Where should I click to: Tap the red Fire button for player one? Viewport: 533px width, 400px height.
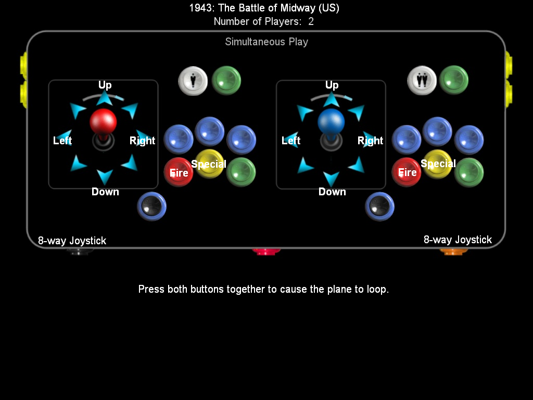(x=179, y=172)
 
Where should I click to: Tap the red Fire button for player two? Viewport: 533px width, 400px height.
(x=407, y=172)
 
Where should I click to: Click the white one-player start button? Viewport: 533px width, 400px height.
(x=193, y=81)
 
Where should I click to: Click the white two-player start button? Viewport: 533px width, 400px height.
(x=422, y=81)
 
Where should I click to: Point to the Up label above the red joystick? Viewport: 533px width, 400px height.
(x=105, y=85)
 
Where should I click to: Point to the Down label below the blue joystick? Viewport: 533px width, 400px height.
(x=332, y=192)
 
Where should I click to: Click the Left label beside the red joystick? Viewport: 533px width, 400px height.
(x=62, y=141)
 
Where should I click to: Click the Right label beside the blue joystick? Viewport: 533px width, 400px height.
(x=370, y=141)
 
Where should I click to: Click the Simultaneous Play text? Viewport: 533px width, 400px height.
(x=266, y=42)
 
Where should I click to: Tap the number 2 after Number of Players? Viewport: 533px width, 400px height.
(x=311, y=22)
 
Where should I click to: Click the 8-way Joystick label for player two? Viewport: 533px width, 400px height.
(x=458, y=240)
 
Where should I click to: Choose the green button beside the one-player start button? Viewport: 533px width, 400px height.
(x=226, y=80)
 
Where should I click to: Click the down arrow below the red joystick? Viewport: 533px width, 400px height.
(x=105, y=177)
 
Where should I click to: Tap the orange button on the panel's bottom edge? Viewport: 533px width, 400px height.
(x=454, y=251)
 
